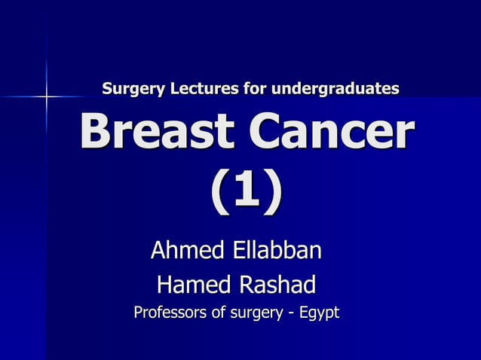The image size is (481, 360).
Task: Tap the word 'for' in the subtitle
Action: coord(255,90)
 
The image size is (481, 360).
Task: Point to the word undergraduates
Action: coord(335,90)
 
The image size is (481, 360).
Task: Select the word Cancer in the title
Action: coord(332,133)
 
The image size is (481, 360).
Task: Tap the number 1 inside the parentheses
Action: coord(246,192)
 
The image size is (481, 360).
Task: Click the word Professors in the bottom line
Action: coord(170,312)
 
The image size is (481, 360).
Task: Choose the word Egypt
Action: coord(316,313)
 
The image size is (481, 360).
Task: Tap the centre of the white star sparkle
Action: coord(46,96)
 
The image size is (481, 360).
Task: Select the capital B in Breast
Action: coord(95,133)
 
